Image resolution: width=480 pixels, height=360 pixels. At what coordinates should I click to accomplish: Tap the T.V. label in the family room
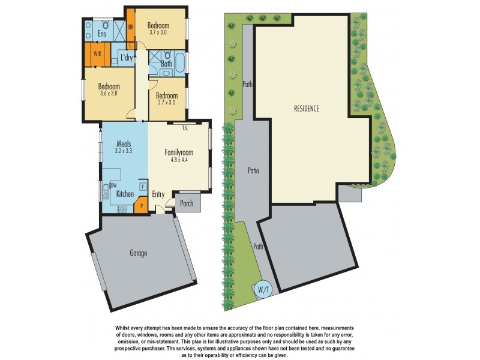pos(187,127)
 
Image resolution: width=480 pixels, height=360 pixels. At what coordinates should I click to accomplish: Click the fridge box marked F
pos(142,187)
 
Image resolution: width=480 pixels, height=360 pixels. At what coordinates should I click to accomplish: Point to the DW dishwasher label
pos(113,185)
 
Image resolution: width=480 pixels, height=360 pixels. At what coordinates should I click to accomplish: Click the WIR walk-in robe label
pos(97,54)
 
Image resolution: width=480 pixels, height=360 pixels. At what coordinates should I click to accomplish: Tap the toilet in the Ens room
pos(104,25)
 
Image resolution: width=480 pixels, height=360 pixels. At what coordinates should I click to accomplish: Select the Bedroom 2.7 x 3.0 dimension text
pos(167,103)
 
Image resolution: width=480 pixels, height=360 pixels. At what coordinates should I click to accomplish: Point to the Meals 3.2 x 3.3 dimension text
pos(124,152)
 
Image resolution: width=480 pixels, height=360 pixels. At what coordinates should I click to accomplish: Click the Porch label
pos(187,203)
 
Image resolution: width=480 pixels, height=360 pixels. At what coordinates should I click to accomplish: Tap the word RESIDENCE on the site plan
pos(306,109)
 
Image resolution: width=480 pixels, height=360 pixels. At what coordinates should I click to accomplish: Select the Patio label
pos(253,171)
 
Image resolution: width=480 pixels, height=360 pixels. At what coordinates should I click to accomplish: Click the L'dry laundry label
pos(127,58)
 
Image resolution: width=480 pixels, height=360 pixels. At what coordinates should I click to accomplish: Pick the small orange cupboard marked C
pos(131,45)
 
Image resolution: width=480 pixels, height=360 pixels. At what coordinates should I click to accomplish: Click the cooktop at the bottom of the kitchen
pos(122,210)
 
